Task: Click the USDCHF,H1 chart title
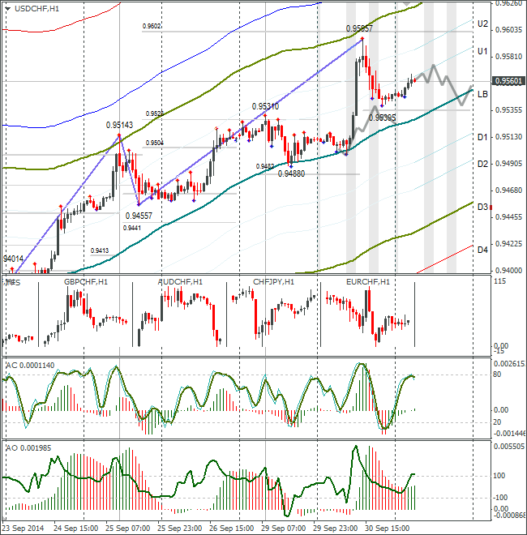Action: [36, 8]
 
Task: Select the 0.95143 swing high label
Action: [119, 125]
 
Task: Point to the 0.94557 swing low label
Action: [139, 216]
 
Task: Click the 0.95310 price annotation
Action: [265, 106]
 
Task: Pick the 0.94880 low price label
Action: [291, 173]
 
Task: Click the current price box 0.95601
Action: [508, 81]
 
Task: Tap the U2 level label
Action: [482, 24]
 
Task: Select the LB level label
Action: [482, 94]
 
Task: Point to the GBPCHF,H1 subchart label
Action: [86, 281]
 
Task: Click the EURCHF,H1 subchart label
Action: [368, 281]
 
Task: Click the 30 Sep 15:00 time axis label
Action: [387, 526]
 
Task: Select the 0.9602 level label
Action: [152, 26]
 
